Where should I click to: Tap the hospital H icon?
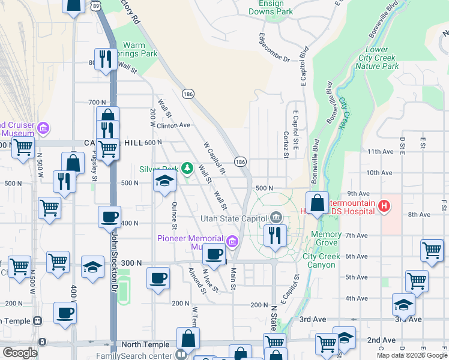tap(385, 208)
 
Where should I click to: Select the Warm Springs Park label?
tap(140, 49)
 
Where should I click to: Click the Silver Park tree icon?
tap(187, 168)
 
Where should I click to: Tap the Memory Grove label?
tap(327, 239)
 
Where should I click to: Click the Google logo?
tap(20, 353)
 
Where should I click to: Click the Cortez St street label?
tap(286, 145)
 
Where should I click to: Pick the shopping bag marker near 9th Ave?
tap(317, 204)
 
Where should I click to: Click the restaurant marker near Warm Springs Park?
tap(106, 59)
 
